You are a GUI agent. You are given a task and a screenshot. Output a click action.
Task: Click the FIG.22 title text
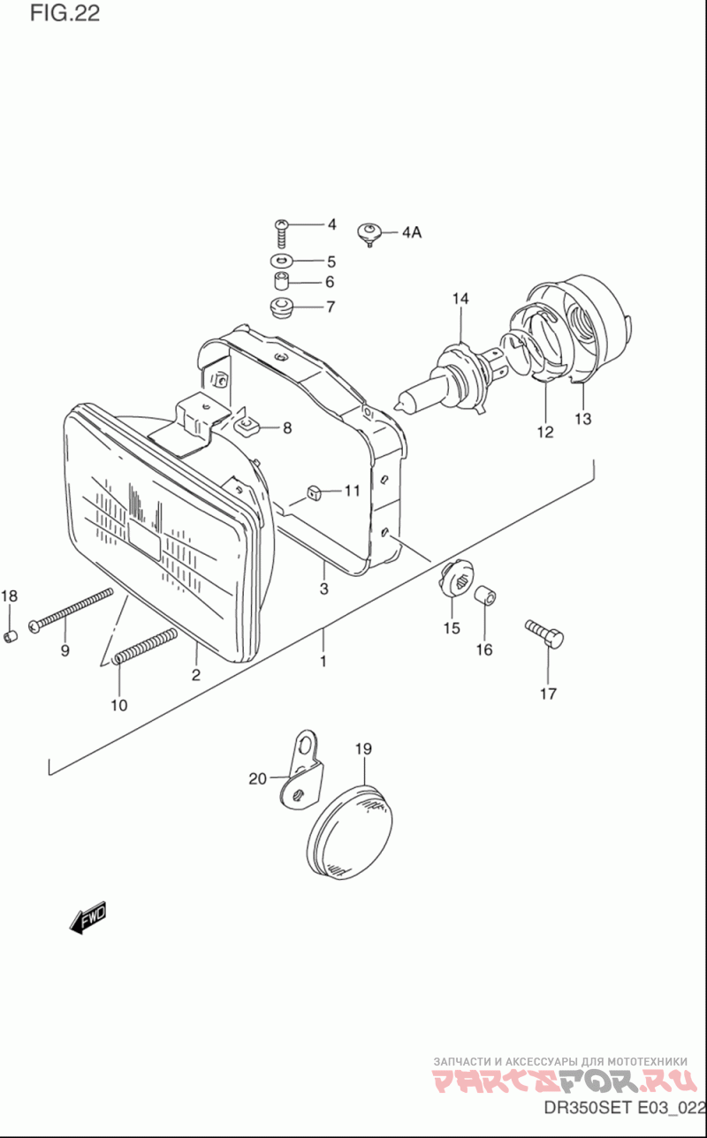coord(65,13)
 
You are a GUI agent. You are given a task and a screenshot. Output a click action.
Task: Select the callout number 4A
coord(411,233)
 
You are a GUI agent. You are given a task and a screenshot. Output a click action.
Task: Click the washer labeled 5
coord(282,262)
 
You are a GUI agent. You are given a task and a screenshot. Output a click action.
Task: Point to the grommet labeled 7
coord(281,309)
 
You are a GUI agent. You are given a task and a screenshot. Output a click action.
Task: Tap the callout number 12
coord(544,432)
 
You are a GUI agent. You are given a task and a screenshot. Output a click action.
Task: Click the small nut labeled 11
coord(311,492)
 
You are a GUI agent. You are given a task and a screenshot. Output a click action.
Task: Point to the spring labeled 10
coord(145,649)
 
